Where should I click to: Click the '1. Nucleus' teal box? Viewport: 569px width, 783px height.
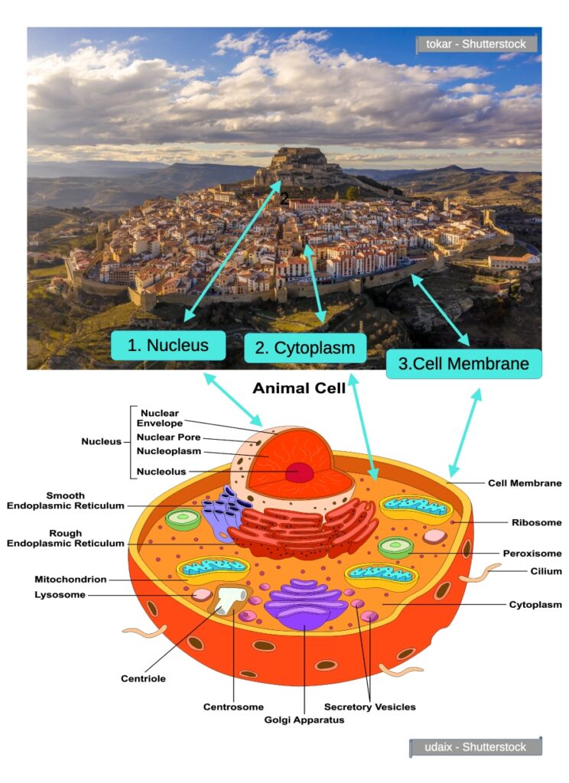click(x=168, y=345)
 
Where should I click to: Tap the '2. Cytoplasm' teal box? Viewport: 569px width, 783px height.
click(x=305, y=348)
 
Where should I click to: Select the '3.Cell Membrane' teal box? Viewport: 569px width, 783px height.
click(x=464, y=364)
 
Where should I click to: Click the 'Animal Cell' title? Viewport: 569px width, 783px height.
click(x=299, y=388)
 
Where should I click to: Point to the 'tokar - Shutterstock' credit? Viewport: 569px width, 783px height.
click(x=476, y=44)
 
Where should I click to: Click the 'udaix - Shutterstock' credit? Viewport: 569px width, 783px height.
click(x=476, y=746)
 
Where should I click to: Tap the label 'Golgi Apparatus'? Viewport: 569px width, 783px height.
click(x=304, y=720)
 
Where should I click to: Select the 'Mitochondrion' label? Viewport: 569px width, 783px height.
click(x=70, y=580)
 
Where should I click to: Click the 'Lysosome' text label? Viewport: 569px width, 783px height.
click(x=60, y=595)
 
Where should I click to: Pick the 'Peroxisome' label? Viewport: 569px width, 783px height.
click(x=532, y=553)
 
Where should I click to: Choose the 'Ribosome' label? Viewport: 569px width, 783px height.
click(x=536, y=523)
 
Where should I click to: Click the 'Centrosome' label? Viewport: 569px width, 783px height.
click(x=233, y=707)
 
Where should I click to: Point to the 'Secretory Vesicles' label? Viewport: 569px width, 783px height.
click(x=370, y=707)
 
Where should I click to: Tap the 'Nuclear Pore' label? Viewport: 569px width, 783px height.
click(x=168, y=437)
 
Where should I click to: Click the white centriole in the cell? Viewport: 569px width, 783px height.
click(x=228, y=602)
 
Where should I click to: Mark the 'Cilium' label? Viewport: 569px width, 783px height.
click(x=546, y=571)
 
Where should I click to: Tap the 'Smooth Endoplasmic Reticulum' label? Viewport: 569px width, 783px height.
click(x=65, y=501)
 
